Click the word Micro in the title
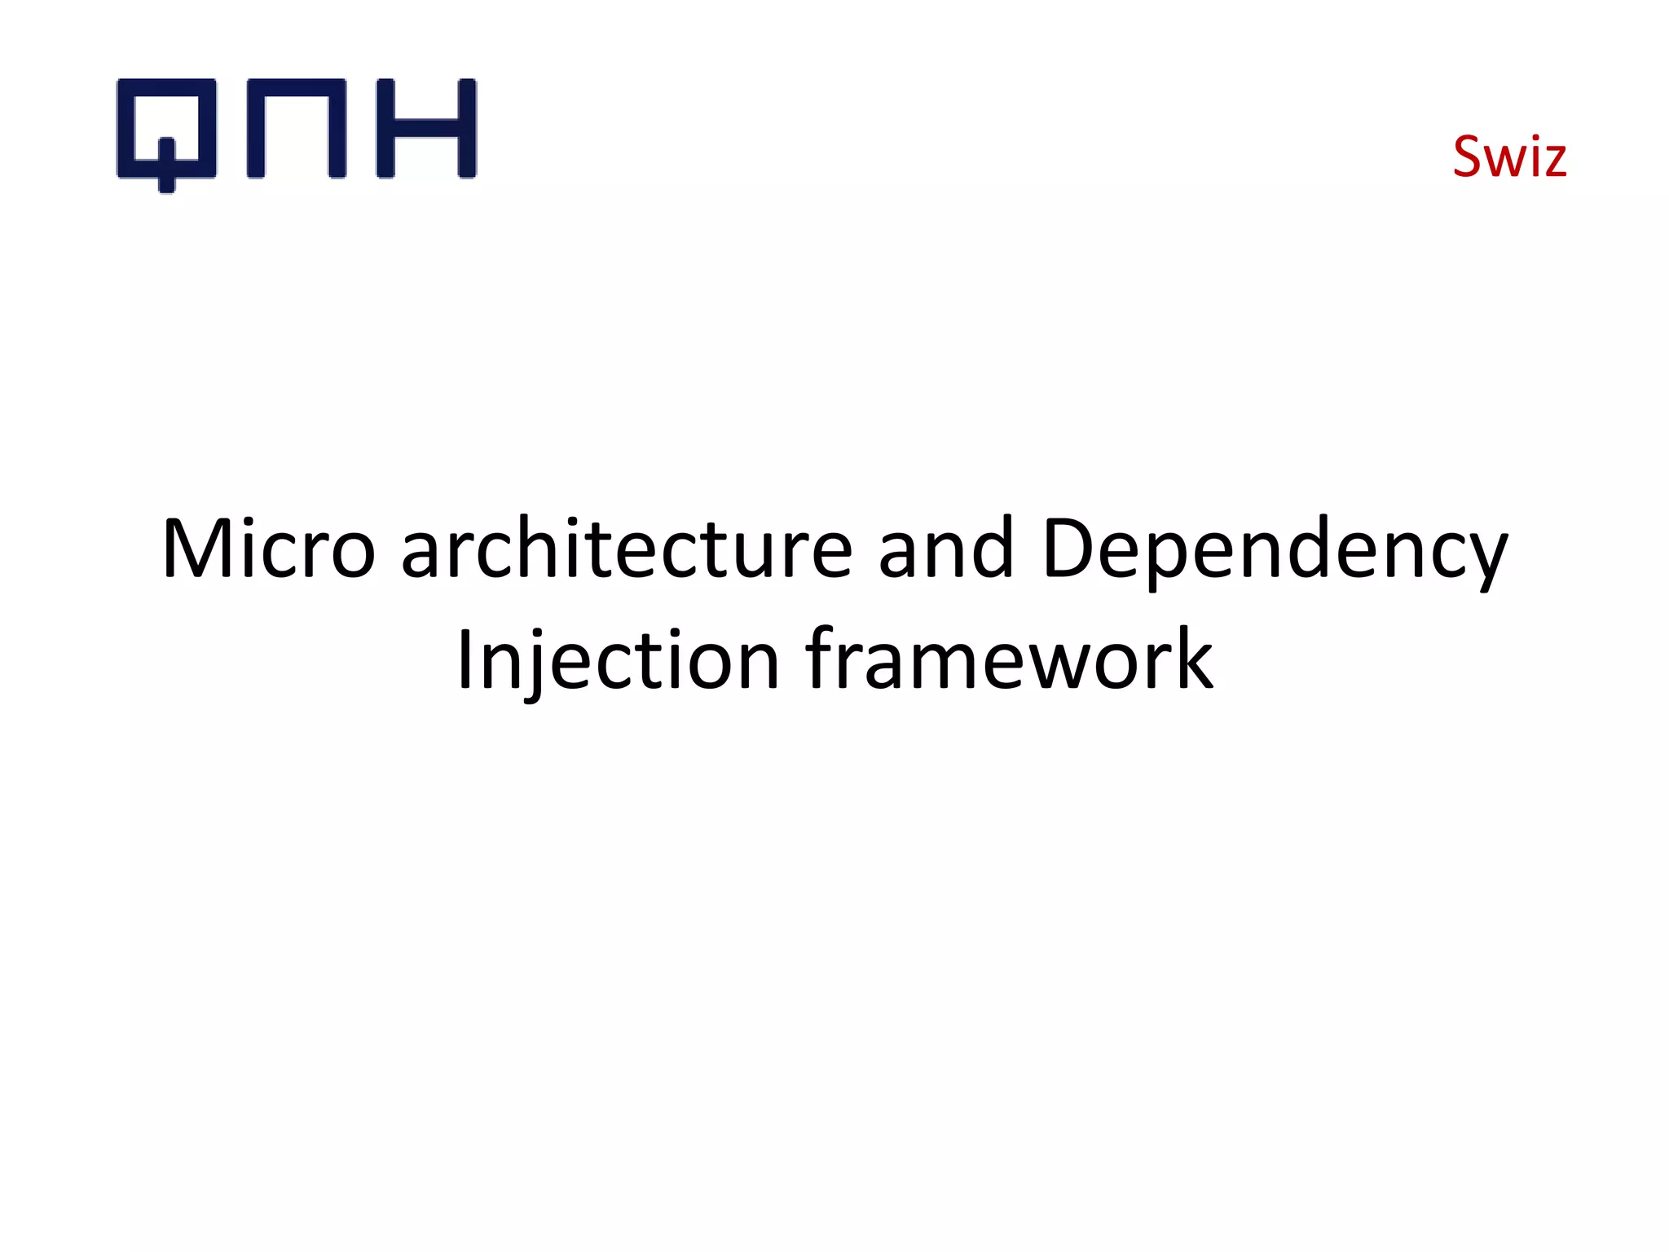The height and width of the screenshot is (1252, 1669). pyautogui.click(x=268, y=549)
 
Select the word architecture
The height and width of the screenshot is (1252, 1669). pyautogui.click(x=627, y=549)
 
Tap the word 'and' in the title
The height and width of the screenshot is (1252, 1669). pyautogui.click(x=946, y=549)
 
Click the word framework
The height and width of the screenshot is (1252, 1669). pyautogui.click(x=1009, y=659)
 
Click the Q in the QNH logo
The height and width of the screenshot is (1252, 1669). pyautogui.click(x=166, y=130)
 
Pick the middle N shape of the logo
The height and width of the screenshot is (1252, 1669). pyautogui.click(x=296, y=129)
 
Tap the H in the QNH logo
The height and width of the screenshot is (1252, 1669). pyautogui.click(x=425, y=129)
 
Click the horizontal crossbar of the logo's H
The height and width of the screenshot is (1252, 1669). pyautogui.click(x=425, y=128)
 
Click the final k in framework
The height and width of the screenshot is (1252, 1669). pyautogui.click(x=1192, y=659)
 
